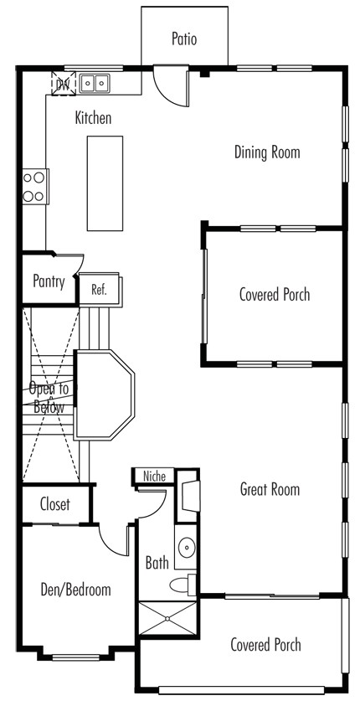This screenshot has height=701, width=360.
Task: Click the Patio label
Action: pyautogui.click(x=184, y=39)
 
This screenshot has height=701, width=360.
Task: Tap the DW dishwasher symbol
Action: pyautogui.click(x=64, y=83)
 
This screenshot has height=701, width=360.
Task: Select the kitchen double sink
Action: pyautogui.click(x=95, y=83)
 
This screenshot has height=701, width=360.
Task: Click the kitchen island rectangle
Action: pyautogui.click(x=105, y=183)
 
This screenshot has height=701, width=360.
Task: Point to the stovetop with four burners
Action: pyautogui.click(x=35, y=186)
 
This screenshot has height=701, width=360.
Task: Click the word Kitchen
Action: pyautogui.click(x=93, y=118)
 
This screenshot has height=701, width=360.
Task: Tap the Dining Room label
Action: pyautogui.click(x=267, y=152)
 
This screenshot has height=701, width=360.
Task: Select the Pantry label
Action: pyautogui.click(x=49, y=281)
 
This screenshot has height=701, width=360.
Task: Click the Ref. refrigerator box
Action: pyautogui.click(x=99, y=289)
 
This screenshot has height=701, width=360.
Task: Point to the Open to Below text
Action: pyautogui.click(x=49, y=398)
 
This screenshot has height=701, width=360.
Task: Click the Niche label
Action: pyautogui.click(x=154, y=476)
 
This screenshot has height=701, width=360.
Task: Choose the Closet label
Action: pyautogui.click(x=55, y=504)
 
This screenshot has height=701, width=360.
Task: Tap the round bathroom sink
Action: pyautogui.click(x=187, y=548)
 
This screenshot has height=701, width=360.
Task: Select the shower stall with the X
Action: pyautogui.click(x=167, y=618)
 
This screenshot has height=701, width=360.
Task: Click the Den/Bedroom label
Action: pyautogui.click(x=75, y=590)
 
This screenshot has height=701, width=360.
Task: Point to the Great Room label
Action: pyautogui.click(x=270, y=489)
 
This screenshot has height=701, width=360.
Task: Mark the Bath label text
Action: pyautogui.click(x=157, y=563)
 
